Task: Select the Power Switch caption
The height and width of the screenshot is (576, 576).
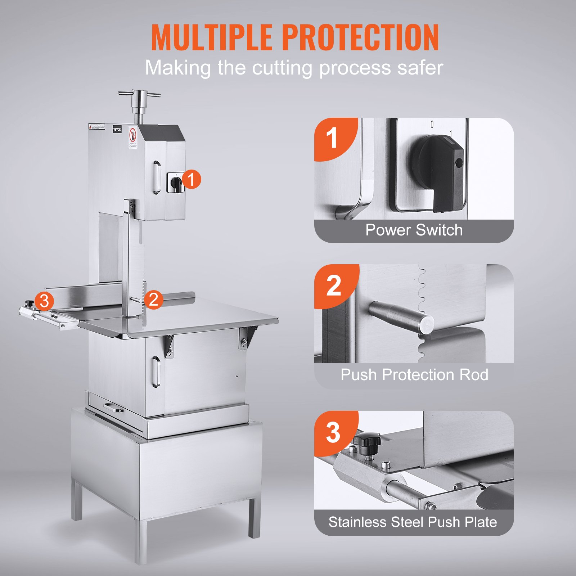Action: (414, 230)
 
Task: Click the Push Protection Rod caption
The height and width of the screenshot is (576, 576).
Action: (414, 375)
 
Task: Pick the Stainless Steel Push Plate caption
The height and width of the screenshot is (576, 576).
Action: (413, 522)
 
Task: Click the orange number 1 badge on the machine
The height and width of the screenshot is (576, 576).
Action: (191, 179)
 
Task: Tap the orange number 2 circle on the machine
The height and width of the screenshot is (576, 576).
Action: (153, 300)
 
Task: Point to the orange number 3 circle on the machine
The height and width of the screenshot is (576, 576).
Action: (44, 301)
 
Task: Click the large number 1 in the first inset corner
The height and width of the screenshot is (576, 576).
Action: (332, 139)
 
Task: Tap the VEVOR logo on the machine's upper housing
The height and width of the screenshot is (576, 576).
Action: (117, 129)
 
